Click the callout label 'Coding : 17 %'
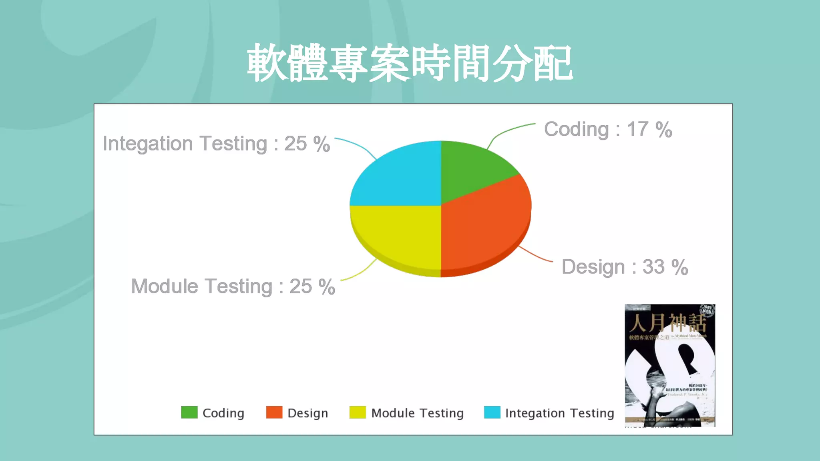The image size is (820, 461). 608,130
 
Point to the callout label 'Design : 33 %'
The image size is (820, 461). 625,267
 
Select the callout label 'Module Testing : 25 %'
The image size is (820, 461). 233,287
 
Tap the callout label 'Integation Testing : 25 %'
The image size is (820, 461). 216,144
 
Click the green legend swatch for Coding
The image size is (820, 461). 189,412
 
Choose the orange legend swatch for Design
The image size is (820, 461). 274,412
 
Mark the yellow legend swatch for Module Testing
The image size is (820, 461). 357,412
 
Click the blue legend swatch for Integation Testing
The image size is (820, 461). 492,412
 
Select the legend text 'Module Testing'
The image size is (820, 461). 417,413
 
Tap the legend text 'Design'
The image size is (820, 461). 307,413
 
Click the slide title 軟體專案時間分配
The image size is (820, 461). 410,63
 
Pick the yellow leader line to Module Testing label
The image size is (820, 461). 360,273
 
